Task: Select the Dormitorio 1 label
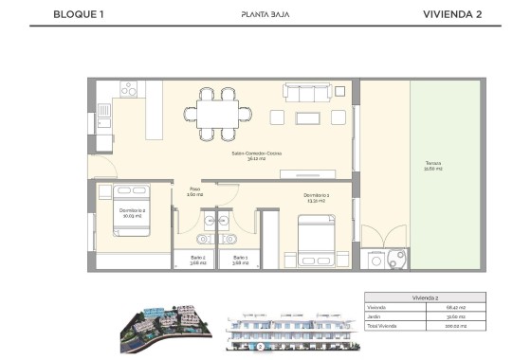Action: pos(317,198)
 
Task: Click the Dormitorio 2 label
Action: pos(131,212)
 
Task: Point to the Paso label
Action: pos(195,190)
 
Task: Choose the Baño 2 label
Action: pos(197,259)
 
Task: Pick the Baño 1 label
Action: pos(239,259)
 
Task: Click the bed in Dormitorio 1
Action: pos(316,243)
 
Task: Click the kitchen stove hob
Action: pos(124,88)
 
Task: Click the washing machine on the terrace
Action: pos(379,258)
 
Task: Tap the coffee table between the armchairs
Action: pos(309,117)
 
